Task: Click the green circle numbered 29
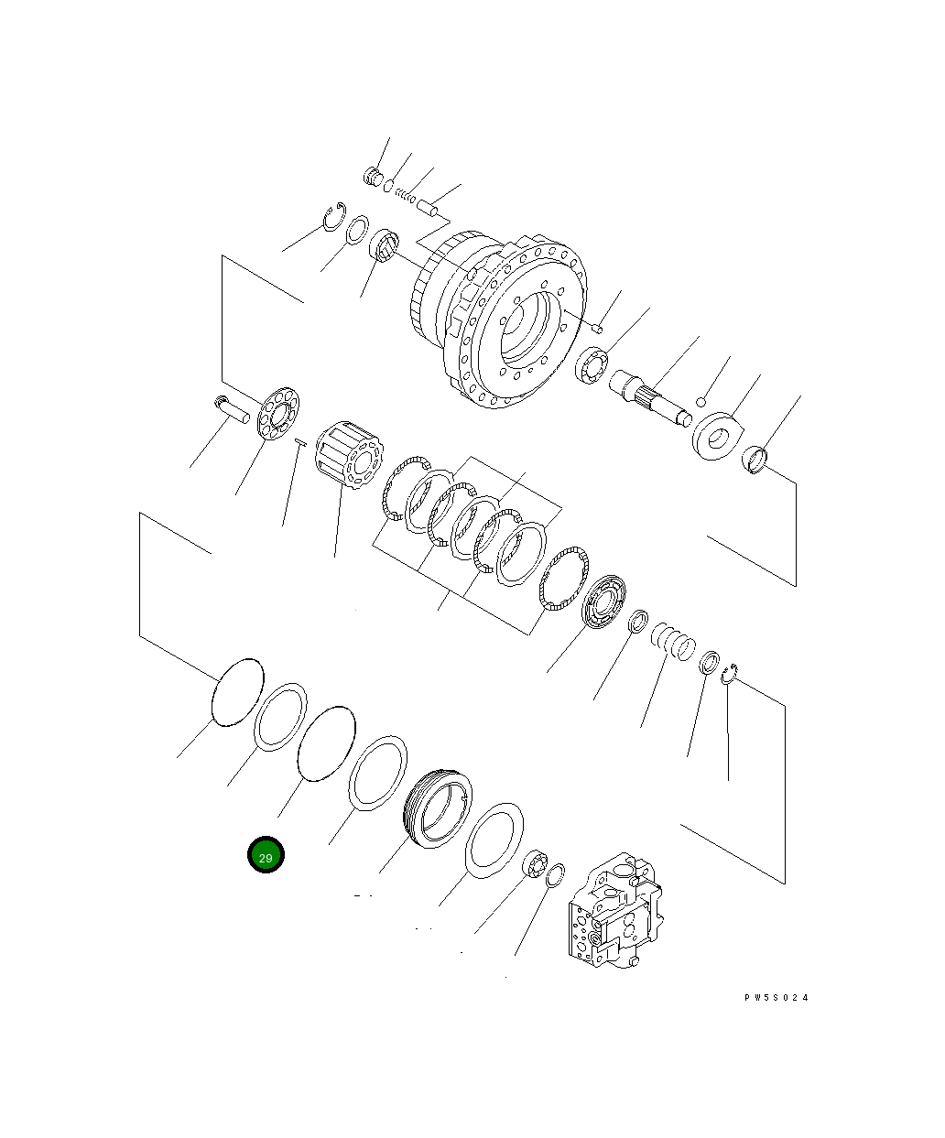(x=266, y=855)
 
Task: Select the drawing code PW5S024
(x=777, y=998)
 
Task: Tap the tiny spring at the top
(x=406, y=196)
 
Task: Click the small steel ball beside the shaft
(x=701, y=401)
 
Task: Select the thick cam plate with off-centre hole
(x=720, y=436)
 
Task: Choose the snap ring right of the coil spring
(x=730, y=676)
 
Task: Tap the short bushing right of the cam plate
(x=756, y=458)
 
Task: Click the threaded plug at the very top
(x=372, y=176)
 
